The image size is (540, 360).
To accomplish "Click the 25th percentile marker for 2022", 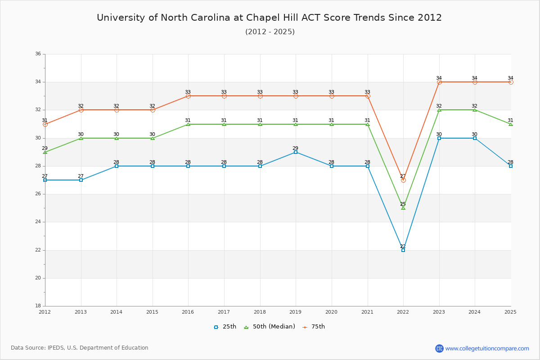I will point(403,250).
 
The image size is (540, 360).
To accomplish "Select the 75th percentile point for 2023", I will point(439,82).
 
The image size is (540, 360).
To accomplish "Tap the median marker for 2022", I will point(403,208).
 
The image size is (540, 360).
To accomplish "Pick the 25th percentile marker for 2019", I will point(296,152).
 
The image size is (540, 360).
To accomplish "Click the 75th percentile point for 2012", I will point(45,124).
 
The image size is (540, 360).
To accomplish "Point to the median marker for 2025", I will point(511,124).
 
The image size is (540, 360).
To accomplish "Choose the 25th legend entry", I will point(225,327).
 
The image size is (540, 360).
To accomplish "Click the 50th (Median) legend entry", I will point(270,327).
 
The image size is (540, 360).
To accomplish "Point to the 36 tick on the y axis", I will point(38,54).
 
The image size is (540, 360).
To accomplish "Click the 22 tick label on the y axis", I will point(38,250).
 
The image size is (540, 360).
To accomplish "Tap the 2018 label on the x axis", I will point(260,311).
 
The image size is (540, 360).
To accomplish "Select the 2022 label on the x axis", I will point(403,311).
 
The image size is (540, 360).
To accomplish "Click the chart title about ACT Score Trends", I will point(270,18).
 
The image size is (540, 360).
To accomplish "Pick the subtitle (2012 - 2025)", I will point(270,31).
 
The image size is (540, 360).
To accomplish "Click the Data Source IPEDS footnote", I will point(80,348).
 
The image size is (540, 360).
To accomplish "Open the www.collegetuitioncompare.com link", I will point(487,348).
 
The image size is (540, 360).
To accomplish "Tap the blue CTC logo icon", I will point(440,348).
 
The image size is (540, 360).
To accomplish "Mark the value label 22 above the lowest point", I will point(403,246).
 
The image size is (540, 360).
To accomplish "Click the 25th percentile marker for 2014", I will point(117,166).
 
